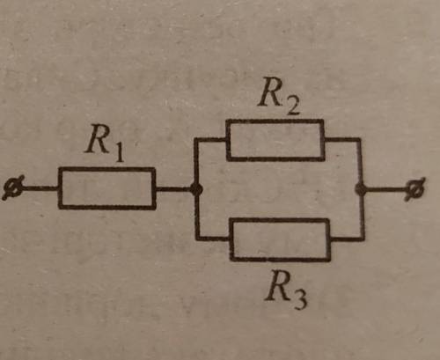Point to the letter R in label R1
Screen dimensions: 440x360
click(98, 138)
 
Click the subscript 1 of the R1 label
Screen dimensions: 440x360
click(119, 151)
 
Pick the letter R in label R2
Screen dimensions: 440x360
click(271, 92)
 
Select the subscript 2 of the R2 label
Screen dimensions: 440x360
click(292, 106)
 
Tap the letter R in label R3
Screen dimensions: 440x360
click(277, 285)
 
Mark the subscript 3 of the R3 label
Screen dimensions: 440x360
click(299, 300)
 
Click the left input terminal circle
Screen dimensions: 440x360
click(13, 188)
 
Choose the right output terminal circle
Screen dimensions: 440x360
click(415, 189)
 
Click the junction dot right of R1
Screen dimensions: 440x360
click(196, 189)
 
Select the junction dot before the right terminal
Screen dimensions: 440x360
click(361, 189)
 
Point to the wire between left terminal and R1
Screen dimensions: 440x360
click(41, 188)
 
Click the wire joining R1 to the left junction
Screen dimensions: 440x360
click(173, 189)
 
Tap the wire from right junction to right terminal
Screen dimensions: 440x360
click(386, 189)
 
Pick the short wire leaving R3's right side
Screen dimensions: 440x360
click(347, 239)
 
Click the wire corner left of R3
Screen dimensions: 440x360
click(197, 239)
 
